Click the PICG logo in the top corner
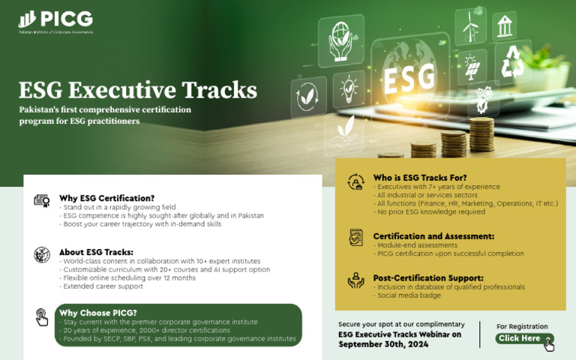(55, 19)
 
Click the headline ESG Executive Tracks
(138, 90)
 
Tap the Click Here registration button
(523, 339)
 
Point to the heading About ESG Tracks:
(96, 251)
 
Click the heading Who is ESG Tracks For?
(420, 177)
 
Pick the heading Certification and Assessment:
(433, 236)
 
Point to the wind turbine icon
(471, 26)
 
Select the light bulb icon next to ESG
(349, 88)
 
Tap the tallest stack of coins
(481, 135)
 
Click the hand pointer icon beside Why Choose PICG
(41, 317)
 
